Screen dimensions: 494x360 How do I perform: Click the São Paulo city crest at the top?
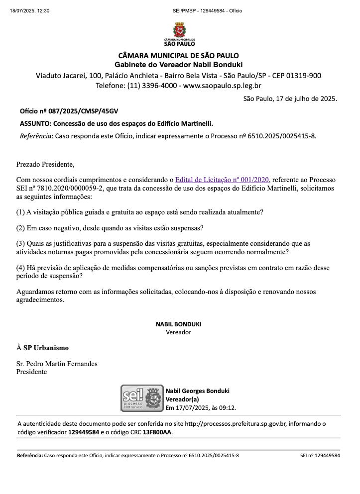point(179,29)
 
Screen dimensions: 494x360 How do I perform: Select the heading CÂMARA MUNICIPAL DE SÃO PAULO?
point(179,55)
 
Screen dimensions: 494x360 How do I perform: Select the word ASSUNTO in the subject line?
point(35,123)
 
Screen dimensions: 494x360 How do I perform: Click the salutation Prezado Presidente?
point(45,164)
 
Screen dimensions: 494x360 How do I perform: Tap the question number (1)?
point(20,212)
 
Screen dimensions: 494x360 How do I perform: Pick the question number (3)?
point(20,243)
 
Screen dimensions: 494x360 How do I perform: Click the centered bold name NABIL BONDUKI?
point(179,324)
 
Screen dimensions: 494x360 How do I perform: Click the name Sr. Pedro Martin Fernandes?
point(57,364)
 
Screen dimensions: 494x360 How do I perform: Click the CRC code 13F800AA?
point(157,432)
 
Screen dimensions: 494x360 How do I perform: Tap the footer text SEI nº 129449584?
point(320,455)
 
